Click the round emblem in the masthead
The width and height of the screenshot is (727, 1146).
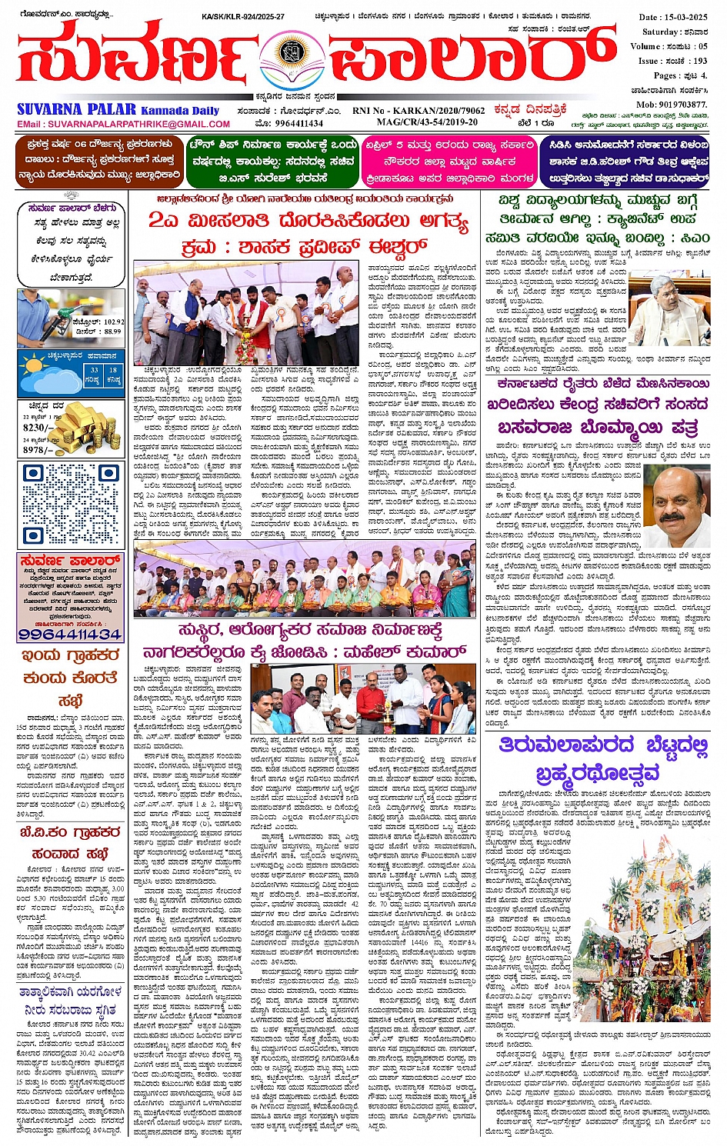coord(291,55)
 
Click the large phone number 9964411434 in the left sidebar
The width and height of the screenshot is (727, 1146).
coord(70,634)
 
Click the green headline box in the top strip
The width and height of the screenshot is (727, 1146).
coord(272,161)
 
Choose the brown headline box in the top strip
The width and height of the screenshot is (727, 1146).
coord(99,161)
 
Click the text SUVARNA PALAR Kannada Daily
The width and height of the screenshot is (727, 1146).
coord(118,109)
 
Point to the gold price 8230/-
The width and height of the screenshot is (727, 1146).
coord(38,428)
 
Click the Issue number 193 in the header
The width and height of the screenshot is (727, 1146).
coord(699,61)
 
